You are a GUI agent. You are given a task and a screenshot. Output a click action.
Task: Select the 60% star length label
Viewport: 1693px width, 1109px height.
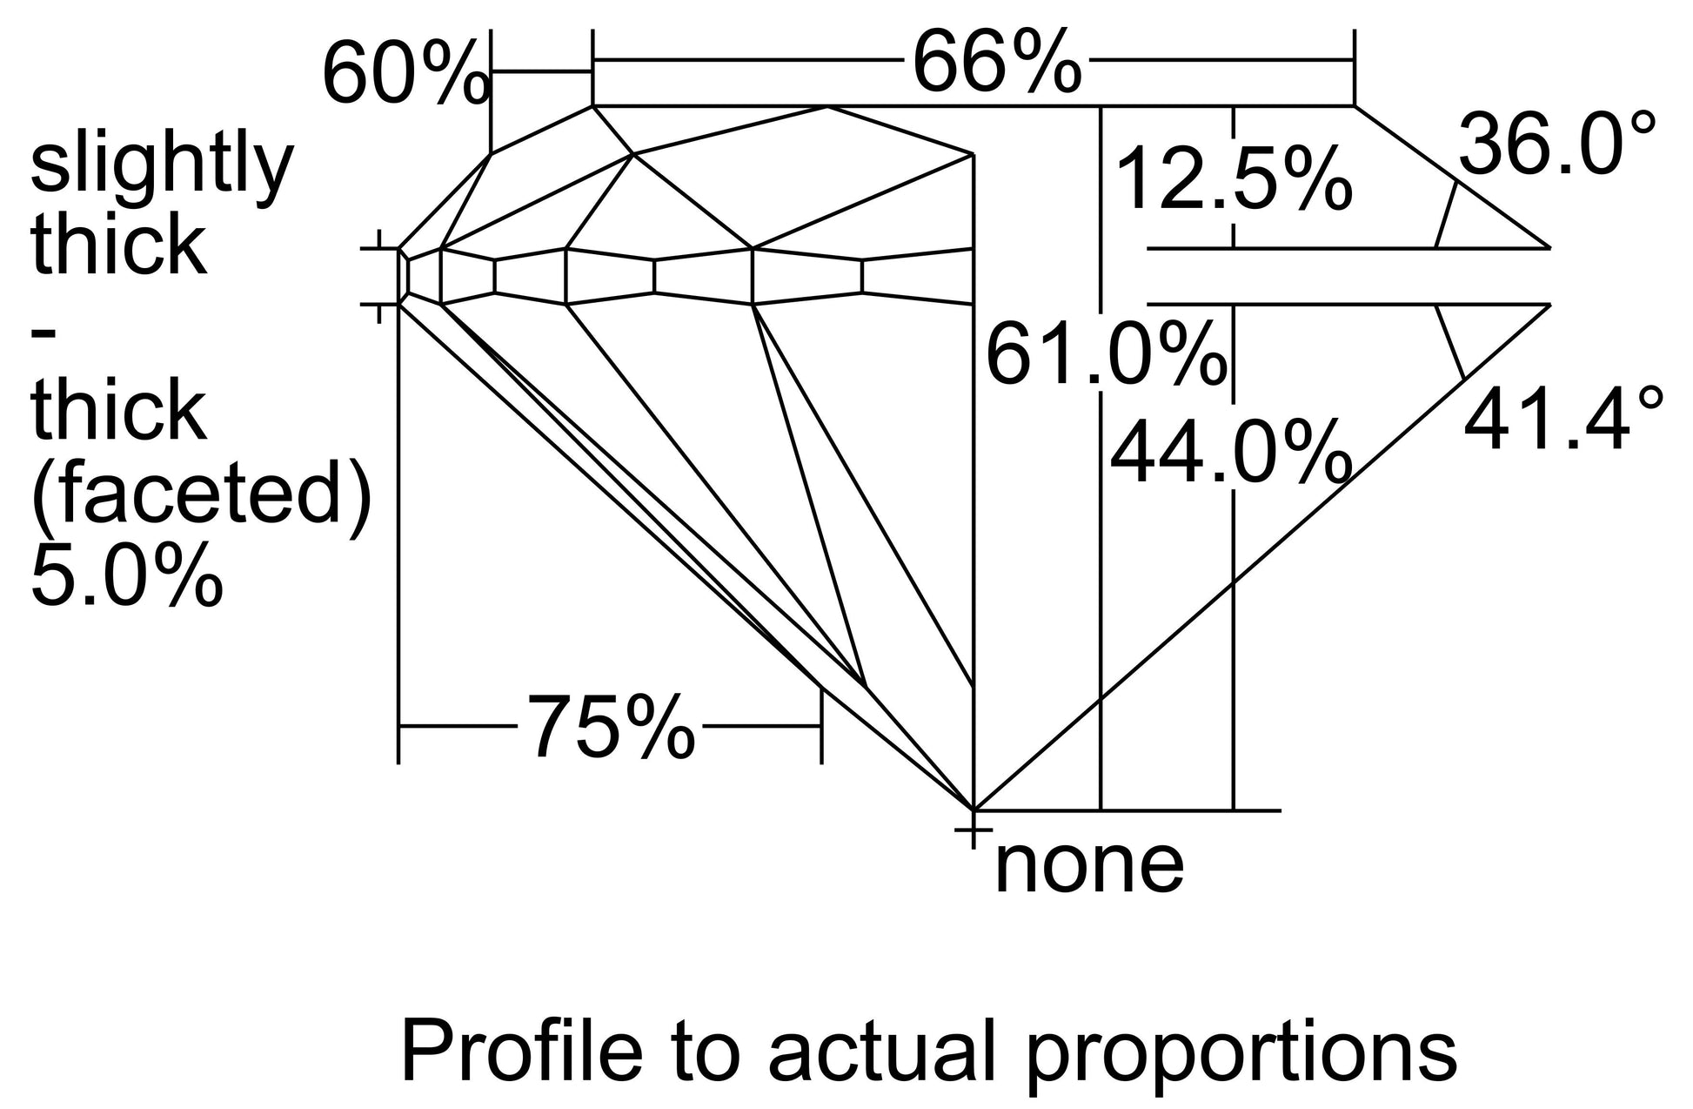406,75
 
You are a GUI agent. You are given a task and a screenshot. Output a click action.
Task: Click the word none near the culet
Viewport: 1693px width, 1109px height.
1088,865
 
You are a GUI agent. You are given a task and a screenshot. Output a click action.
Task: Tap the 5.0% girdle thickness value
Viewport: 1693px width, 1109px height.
127,575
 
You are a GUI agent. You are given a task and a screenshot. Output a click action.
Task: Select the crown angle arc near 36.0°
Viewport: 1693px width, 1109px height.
1446,215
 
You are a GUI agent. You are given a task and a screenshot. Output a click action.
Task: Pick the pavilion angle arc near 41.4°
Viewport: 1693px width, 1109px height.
1450,341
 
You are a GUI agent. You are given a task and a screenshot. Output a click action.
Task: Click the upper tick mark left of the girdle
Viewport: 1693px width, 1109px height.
378,249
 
